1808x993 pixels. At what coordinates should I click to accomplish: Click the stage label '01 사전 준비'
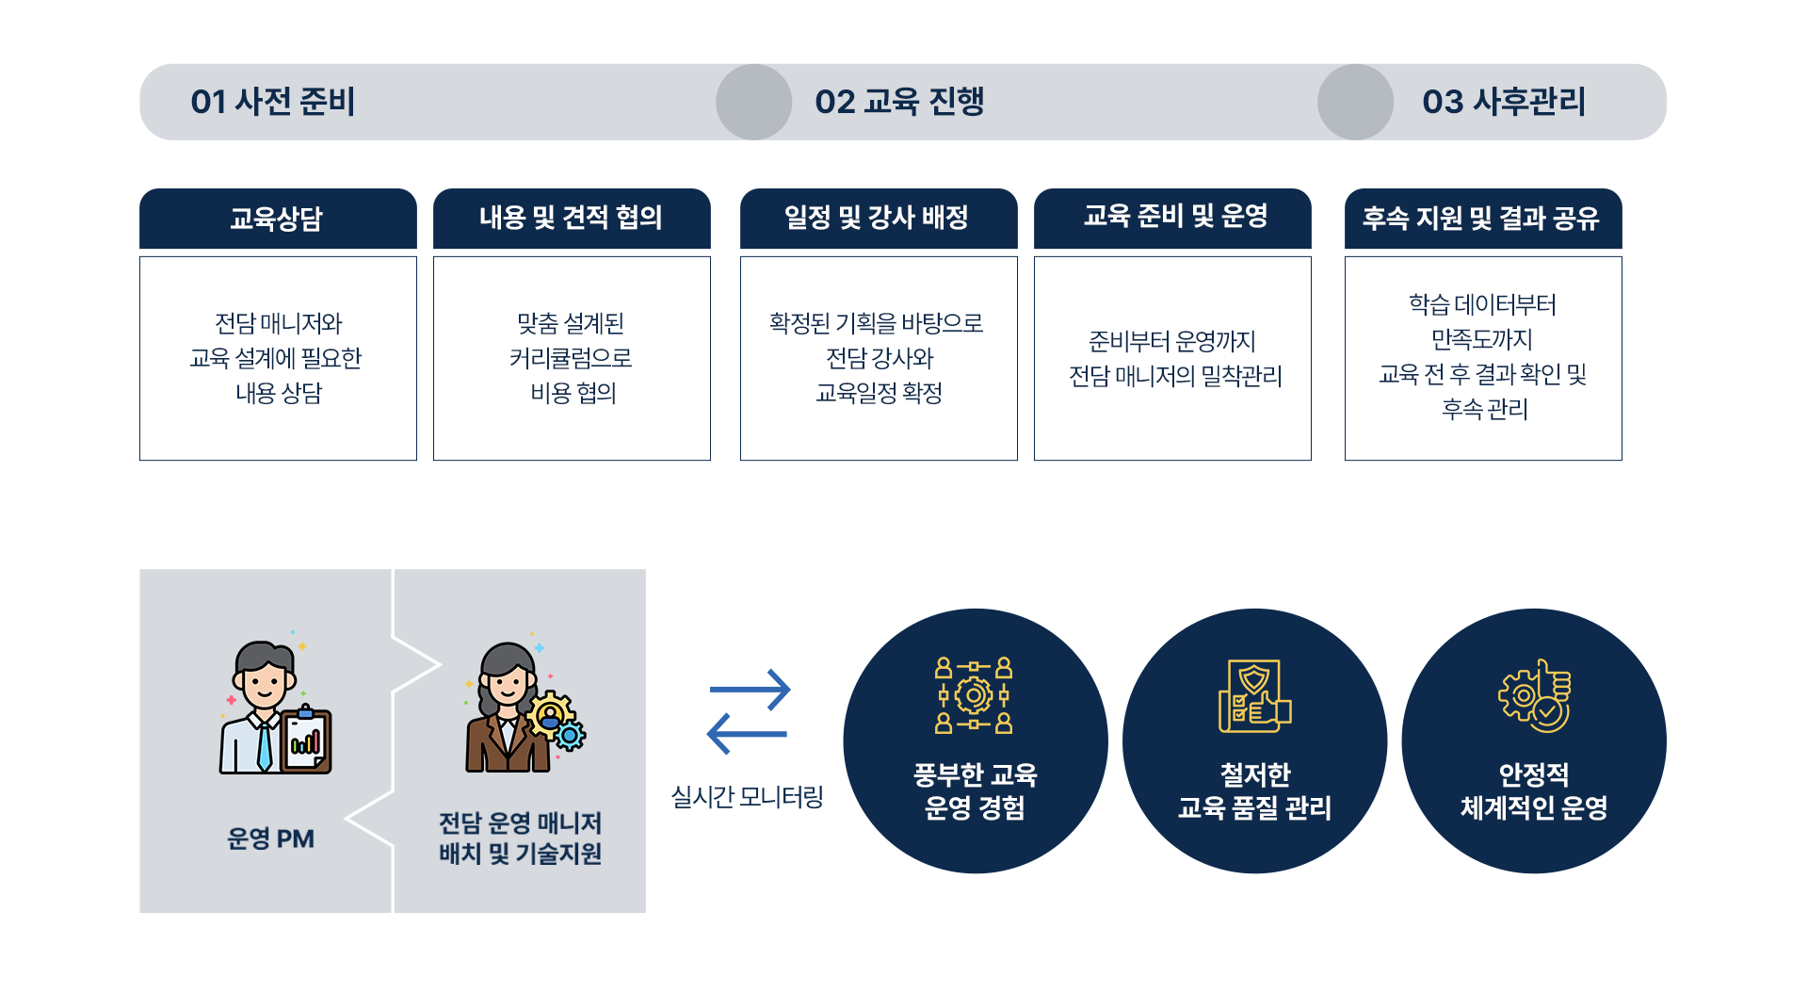pyautogui.click(x=272, y=102)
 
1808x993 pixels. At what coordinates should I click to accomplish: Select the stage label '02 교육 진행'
pyautogui.click(x=899, y=102)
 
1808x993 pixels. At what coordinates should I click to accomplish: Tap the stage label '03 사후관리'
pyautogui.click(x=1504, y=102)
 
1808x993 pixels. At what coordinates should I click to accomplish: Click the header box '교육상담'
pyautogui.click(x=278, y=219)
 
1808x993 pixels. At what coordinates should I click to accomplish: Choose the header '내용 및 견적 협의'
pyautogui.click(x=572, y=219)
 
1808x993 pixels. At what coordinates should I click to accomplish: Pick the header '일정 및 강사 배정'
pyautogui.click(x=878, y=219)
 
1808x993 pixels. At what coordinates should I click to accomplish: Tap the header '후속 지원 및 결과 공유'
pyautogui.click(x=1482, y=219)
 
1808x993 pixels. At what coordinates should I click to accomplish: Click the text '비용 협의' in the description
pyautogui.click(x=573, y=393)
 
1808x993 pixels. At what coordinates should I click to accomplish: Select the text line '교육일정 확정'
pyautogui.click(x=879, y=393)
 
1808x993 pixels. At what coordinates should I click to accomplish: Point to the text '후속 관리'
pyautogui.click(x=1484, y=409)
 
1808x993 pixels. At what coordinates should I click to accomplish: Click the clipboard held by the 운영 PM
pyautogui.click(x=306, y=741)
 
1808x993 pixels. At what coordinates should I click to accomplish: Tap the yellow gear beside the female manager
pyautogui.click(x=551, y=714)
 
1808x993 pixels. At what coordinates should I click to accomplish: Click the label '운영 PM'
pyautogui.click(x=270, y=838)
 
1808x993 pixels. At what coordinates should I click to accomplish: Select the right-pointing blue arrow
pyautogui.click(x=750, y=690)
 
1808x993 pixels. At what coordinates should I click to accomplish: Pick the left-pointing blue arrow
pyautogui.click(x=747, y=734)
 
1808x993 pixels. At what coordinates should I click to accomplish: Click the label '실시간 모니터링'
pyautogui.click(x=747, y=797)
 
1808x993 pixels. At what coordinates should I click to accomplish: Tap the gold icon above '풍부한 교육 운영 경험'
pyautogui.click(x=974, y=695)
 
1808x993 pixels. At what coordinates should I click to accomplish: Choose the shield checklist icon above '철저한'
pyautogui.click(x=1254, y=696)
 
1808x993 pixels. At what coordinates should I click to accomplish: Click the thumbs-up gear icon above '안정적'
pyautogui.click(x=1535, y=696)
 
